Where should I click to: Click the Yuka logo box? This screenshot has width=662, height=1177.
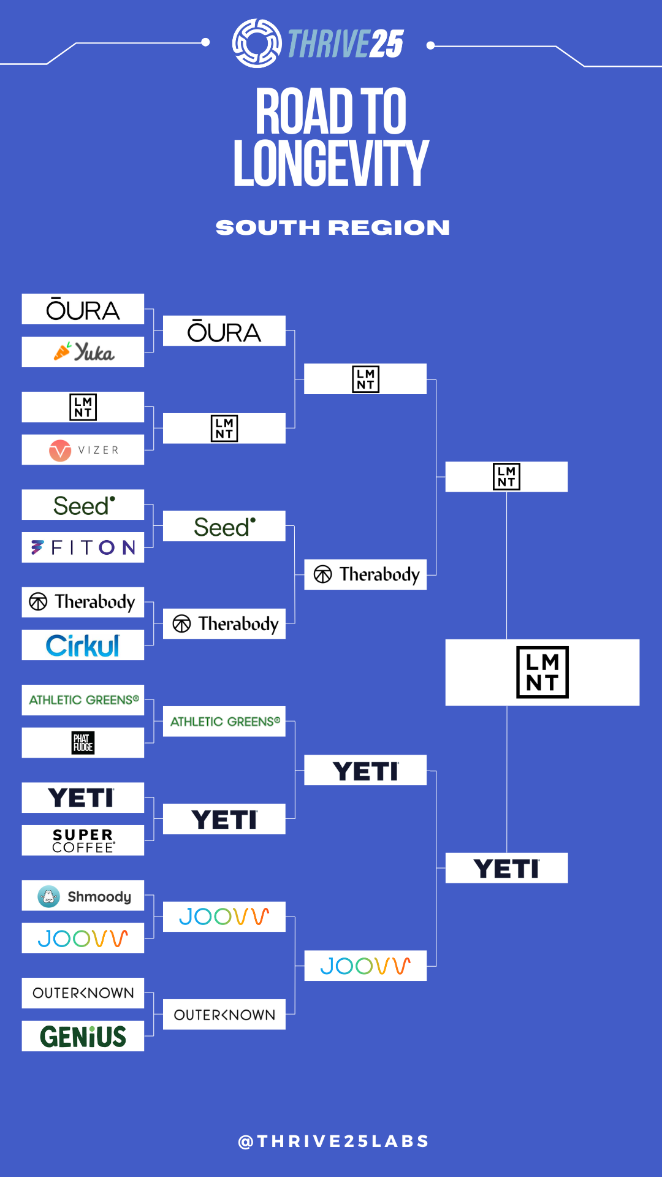tap(83, 352)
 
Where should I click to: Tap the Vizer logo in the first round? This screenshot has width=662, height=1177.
tap(83, 450)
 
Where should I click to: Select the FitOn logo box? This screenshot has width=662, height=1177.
tap(83, 547)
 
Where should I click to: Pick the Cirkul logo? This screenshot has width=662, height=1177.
tap(83, 646)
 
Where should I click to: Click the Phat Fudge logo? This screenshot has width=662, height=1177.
tap(83, 743)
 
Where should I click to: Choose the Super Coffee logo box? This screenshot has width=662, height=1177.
tap(83, 840)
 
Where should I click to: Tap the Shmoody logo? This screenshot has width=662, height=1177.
tap(83, 896)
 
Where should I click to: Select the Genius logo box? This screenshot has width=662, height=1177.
tap(83, 1036)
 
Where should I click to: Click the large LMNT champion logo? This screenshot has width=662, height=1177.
tap(542, 672)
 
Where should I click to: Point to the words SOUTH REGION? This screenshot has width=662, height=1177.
tap(332, 227)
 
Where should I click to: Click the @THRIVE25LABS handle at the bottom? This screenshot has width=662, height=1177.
tap(333, 1141)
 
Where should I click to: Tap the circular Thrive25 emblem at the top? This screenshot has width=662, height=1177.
tap(257, 44)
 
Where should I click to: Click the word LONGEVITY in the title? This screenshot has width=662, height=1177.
tap(331, 164)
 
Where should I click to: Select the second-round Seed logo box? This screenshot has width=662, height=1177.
tap(224, 527)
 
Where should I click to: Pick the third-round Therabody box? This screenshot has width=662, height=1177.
tap(365, 574)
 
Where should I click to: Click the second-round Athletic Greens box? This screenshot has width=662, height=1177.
tap(224, 722)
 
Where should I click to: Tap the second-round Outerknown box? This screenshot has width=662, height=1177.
tap(224, 1015)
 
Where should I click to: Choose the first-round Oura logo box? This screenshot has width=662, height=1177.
tap(83, 310)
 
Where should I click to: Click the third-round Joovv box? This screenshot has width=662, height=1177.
tap(365, 966)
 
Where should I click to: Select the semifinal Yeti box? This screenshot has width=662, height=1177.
tap(506, 868)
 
